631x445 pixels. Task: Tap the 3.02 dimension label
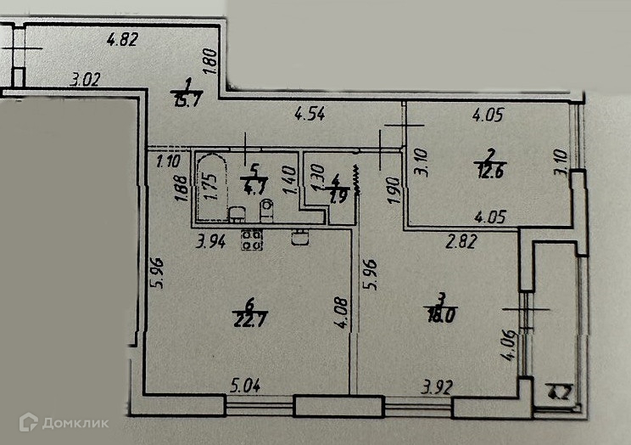coord(86,82)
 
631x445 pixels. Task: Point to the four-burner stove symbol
coord(251,239)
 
